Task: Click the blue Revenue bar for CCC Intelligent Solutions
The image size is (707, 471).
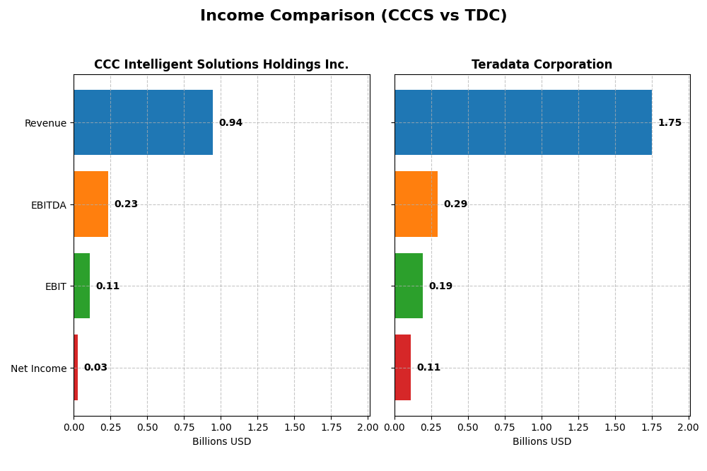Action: [x=143, y=122]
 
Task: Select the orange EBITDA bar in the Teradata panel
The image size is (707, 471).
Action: [x=416, y=204]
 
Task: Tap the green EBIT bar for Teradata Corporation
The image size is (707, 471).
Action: [x=409, y=286]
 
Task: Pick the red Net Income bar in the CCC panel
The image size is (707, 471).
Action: [x=76, y=367]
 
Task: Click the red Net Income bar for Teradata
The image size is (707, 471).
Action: [x=402, y=367]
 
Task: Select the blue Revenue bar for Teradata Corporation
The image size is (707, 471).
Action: [x=523, y=122]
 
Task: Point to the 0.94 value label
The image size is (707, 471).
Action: [x=230, y=123]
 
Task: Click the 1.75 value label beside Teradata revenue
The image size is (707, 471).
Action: [x=670, y=123]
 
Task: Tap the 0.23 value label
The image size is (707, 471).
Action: [x=126, y=204]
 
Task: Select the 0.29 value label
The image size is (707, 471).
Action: [x=455, y=204]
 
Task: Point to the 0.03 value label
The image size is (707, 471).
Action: [x=95, y=368]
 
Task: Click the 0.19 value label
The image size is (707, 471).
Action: [x=440, y=286]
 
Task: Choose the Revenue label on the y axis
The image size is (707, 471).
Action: [x=45, y=123]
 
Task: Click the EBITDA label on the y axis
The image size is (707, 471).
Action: [x=48, y=205]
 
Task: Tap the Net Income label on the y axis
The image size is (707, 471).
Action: [x=38, y=368]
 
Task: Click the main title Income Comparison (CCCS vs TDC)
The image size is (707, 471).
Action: [x=353, y=16]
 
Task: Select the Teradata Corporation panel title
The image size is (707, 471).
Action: [x=542, y=65]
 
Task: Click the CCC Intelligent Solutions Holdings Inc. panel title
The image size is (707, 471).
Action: [x=221, y=65]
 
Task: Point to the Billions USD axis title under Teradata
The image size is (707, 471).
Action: [x=542, y=441]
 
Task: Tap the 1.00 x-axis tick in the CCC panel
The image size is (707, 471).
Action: [x=221, y=427]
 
